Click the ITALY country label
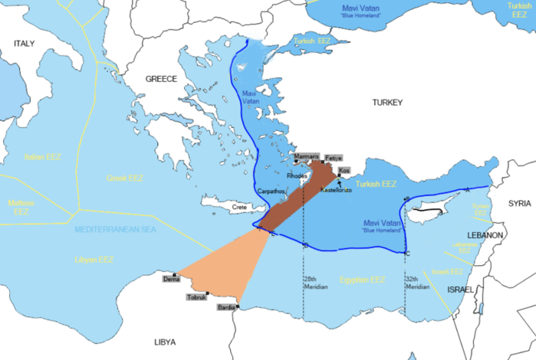tap(23, 43)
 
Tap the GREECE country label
tap(162, 79)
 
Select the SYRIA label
tap(518, 203)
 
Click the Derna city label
tap(171, 280)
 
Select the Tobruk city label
tap(196, 296)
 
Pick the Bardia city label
tap(226, 308)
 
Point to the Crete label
tap(240, 206)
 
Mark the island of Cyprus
tap(429, 209)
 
